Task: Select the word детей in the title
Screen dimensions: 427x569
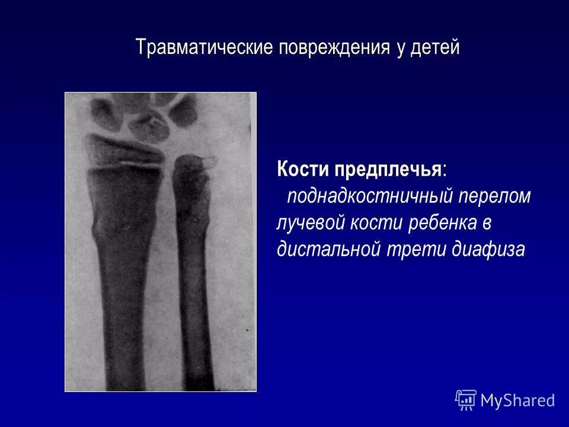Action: [435, 47]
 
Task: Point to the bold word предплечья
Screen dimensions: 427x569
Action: [388, 170]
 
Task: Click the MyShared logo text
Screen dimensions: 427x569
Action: [517, 400]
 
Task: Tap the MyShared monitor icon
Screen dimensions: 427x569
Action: [466, 400]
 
